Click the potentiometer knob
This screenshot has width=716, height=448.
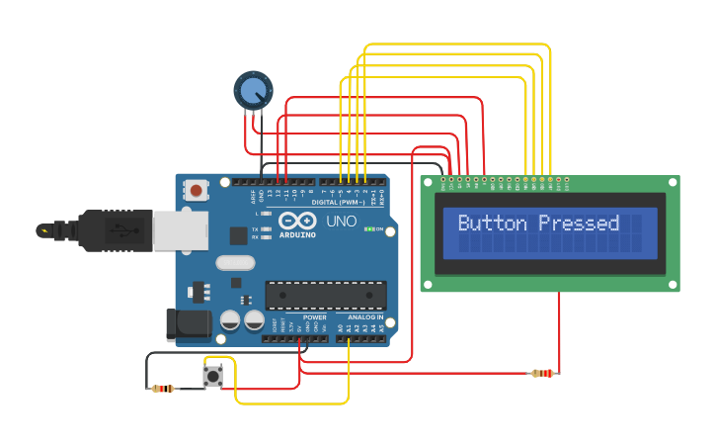252,91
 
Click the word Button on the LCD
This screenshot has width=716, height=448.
494,223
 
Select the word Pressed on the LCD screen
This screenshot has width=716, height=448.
579,223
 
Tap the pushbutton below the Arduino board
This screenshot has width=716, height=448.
212,376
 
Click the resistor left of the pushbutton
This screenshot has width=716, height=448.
163,389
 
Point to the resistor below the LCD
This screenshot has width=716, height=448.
543,373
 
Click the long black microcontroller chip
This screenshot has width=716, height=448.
325,295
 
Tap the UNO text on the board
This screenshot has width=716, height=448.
341,223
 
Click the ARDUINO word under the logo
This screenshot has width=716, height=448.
297,234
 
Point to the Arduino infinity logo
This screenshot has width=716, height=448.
296,221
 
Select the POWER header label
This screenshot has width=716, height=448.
315,317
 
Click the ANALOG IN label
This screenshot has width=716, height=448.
365,317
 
